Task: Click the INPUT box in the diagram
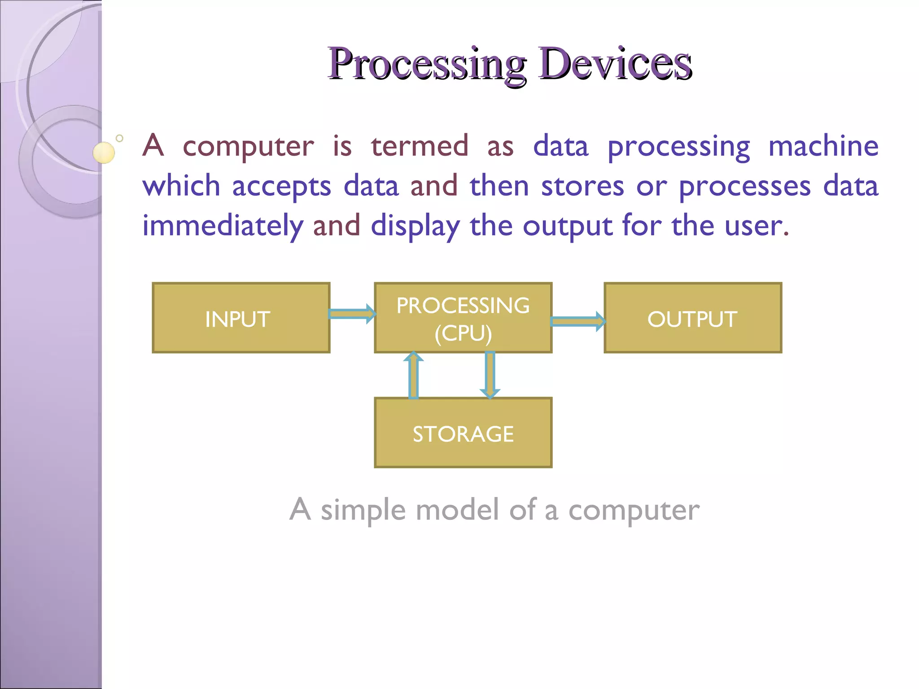241,318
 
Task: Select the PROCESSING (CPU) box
463,318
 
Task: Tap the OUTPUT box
692,318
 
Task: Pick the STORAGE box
463,432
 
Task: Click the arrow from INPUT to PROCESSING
352,314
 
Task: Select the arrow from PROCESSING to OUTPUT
578,321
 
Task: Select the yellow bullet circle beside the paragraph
104,153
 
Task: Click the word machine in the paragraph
823,146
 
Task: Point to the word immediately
223,226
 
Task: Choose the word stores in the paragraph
582,186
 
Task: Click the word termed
420,146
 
